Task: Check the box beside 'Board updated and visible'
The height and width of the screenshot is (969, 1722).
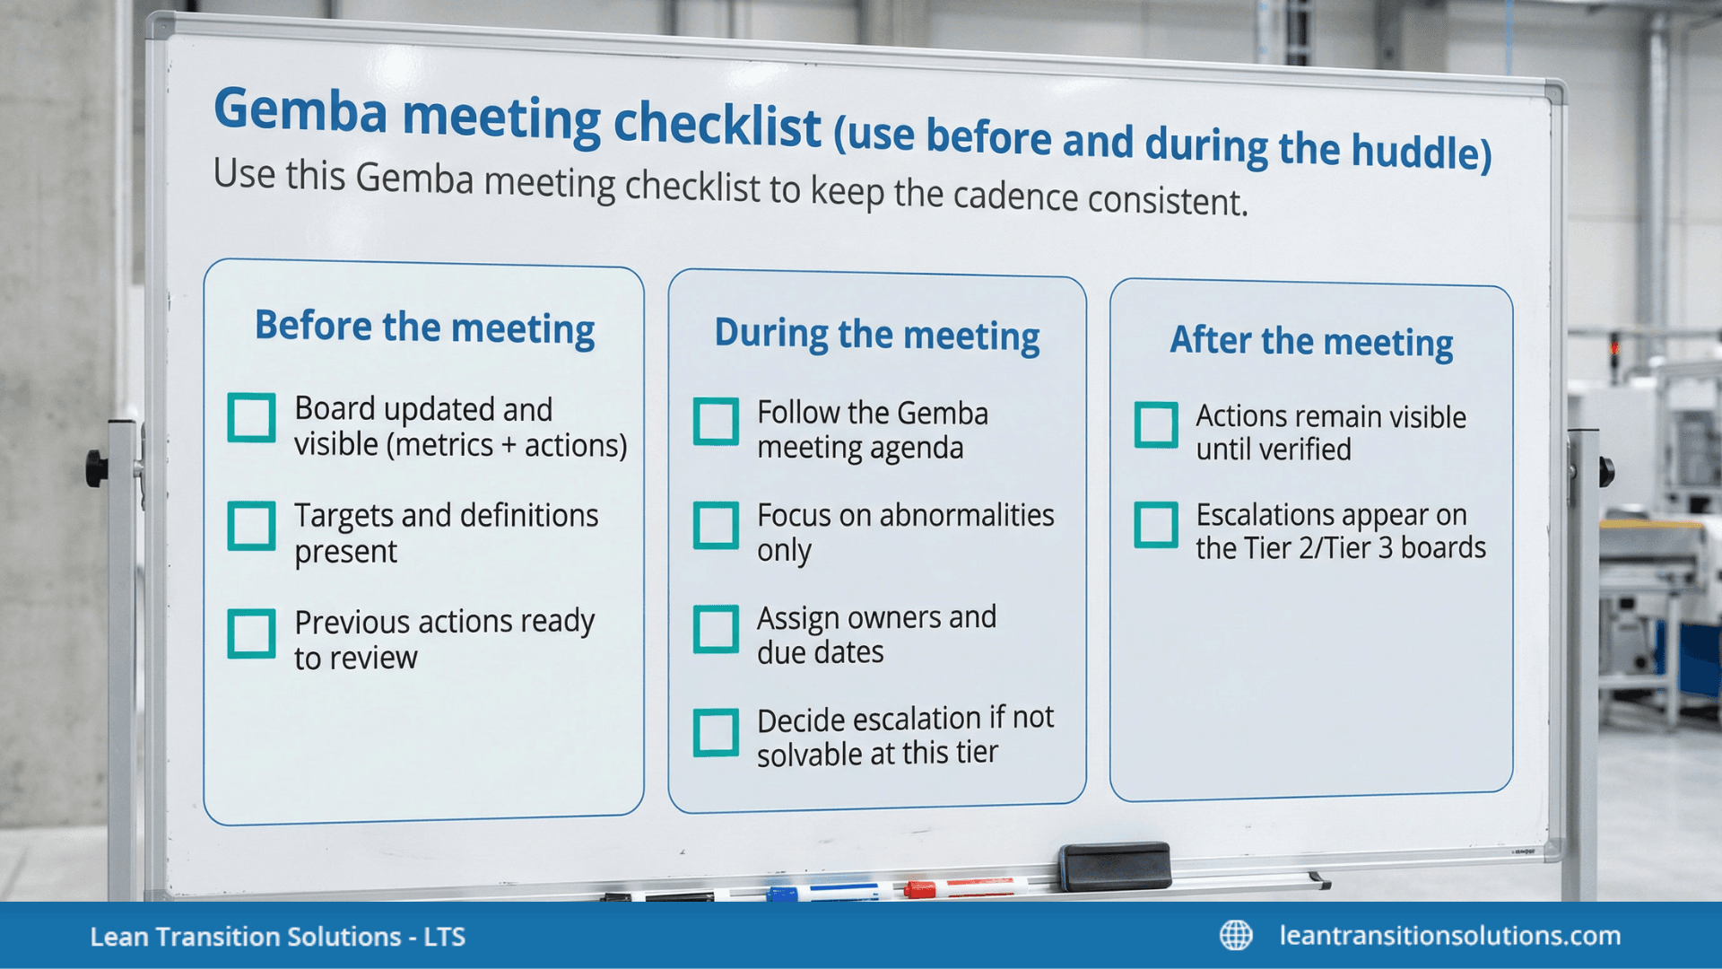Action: [251, 417]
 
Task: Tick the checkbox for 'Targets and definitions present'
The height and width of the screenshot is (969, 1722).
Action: [251, 525]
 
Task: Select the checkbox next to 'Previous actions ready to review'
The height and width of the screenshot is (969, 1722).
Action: [251, 633]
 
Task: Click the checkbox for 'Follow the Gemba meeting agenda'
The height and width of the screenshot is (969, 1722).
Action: [716, 422]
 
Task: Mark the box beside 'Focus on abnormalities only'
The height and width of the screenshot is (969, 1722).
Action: [716, 525]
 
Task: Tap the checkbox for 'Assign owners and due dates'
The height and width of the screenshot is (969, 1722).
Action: [716, 628]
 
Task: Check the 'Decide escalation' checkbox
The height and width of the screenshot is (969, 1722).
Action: [716, 732]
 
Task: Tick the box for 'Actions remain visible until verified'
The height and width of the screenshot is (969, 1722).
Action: [1156, 424]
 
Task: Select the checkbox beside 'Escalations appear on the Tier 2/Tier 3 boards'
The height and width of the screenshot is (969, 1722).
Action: [1156, 525]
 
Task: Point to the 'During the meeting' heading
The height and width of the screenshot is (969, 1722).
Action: [876, 335]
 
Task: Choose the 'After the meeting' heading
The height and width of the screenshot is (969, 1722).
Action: [1311, 342]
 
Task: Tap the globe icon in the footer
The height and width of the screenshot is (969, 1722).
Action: [1236, 935]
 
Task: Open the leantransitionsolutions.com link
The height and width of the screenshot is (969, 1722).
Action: [1449, 935]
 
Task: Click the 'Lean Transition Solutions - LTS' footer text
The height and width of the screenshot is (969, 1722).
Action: [277, 937]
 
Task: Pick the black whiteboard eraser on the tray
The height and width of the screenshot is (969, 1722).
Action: [1115, 866]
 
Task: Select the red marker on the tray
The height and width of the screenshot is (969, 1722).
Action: [964, 887]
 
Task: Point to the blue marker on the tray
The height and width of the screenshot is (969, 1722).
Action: [825, 892]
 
